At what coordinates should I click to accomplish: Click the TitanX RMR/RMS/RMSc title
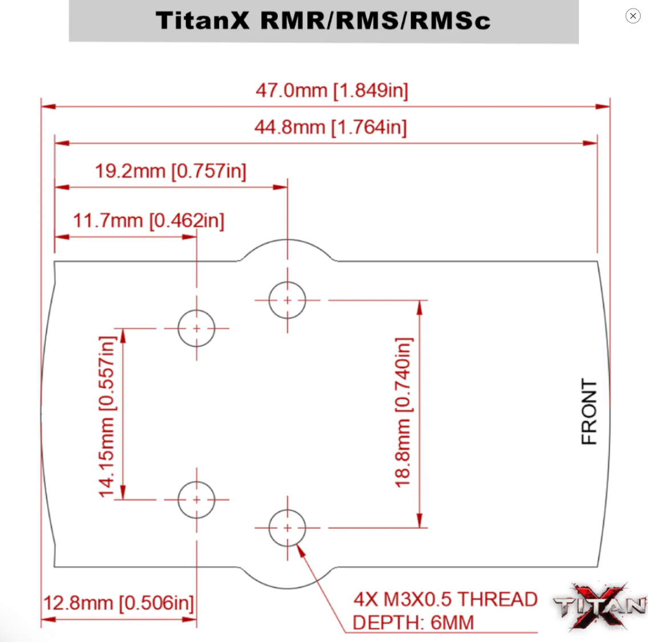click(323, 21)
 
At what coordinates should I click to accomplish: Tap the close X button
click(633, 16)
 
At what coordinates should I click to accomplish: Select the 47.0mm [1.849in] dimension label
click(331, 91)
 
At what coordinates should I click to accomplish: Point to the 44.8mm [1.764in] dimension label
click(330, 127)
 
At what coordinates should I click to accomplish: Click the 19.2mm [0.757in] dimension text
click(171, 171)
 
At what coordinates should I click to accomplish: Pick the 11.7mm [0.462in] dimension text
click(148, 221)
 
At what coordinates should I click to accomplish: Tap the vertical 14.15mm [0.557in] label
click(107, 416)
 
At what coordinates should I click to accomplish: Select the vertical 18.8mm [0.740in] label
click(403, 412)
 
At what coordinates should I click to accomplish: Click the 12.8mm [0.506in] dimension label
click(119, 603)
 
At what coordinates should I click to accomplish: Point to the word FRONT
click(589, 411)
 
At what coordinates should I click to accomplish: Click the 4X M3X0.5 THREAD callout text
click(445, 599)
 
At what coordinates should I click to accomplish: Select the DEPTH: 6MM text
click(413, 623)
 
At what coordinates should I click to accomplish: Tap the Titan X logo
click(600, 606)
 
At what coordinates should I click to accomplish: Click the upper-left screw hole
click(196, 328)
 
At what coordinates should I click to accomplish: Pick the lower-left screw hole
click(196, 500)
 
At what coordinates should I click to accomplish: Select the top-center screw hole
click(287, 300)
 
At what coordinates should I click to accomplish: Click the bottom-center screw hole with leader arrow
click(287, 528)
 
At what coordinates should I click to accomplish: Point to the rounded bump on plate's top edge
click(287, 249)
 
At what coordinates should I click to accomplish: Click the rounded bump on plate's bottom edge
click(287, 579)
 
